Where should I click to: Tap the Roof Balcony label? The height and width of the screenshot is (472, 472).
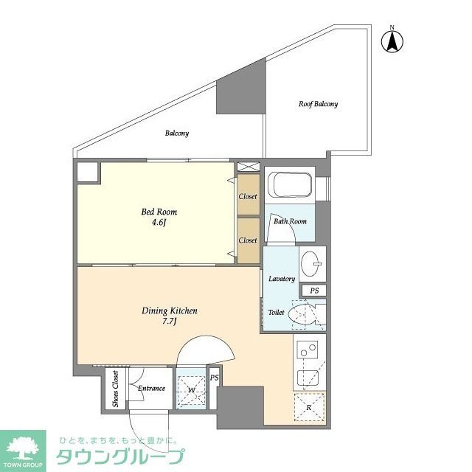point(318,104)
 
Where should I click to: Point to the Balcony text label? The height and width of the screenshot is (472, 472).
point(177,133)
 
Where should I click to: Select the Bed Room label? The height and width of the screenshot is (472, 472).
point(159,212)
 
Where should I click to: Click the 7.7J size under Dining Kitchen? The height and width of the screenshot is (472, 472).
point(169,322)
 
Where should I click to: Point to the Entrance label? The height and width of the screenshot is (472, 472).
point(152,389)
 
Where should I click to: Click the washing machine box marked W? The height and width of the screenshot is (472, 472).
point(192,389)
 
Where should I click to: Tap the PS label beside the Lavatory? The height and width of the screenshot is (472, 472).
point(314,291)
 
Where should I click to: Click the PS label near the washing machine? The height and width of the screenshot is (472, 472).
point(214,378)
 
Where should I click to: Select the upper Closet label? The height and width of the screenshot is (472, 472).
point(248,196)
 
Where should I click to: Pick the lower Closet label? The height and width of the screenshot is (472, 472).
point(248,240)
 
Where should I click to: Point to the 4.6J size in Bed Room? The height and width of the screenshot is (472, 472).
point(159,224)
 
